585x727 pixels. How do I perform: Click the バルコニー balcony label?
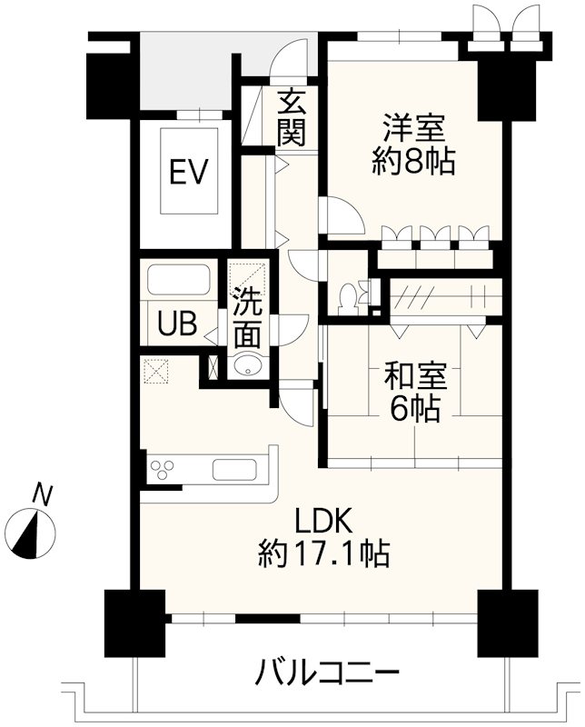pos(327,673)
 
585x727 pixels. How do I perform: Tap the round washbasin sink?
pos(246,366)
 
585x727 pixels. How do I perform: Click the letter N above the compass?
pos(42,495)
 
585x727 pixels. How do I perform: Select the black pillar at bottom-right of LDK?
pos(502,622)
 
